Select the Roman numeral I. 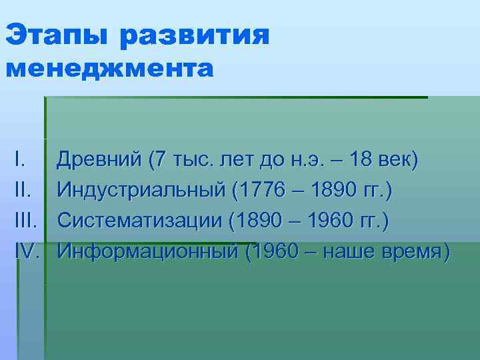click(19, 160)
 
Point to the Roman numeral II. click(22, 191)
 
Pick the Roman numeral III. click(25, 221)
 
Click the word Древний click(100, 160)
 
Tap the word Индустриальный click(141, 191)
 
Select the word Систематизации click(139, 221)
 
